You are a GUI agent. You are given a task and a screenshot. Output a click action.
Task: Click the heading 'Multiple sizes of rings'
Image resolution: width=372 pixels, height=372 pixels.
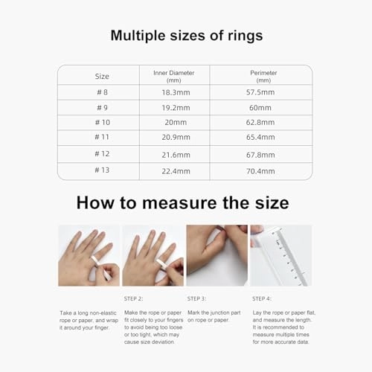click(185, 35)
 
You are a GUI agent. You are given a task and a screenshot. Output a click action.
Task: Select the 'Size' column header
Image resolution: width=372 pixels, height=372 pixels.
click(102, 76)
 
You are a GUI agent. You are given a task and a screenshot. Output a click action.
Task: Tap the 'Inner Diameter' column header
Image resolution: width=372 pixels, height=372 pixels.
click(173, 75)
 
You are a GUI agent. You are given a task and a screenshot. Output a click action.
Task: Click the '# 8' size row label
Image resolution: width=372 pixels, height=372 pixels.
click(103, 93)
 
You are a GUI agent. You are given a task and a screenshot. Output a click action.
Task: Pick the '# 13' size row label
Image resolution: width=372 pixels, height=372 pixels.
click(103, 170)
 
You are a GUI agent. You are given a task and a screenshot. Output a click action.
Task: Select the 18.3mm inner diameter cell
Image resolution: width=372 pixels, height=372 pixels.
click(173, 93)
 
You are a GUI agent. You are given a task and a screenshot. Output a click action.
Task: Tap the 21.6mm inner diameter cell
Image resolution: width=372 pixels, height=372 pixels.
click(173, 154)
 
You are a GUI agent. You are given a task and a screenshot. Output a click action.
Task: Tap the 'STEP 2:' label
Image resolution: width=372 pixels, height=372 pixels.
click(134, 298)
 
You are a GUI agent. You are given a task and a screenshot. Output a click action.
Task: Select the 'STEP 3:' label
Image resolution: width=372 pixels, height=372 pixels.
click(199, 298)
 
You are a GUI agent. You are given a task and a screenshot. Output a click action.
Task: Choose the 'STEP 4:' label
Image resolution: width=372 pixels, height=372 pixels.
click(263, 298)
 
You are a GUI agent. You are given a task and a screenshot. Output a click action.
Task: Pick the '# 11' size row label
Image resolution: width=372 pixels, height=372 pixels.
click(103, 138)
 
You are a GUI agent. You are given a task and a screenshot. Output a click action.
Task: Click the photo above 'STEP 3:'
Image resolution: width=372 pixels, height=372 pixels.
click(217, 255)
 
